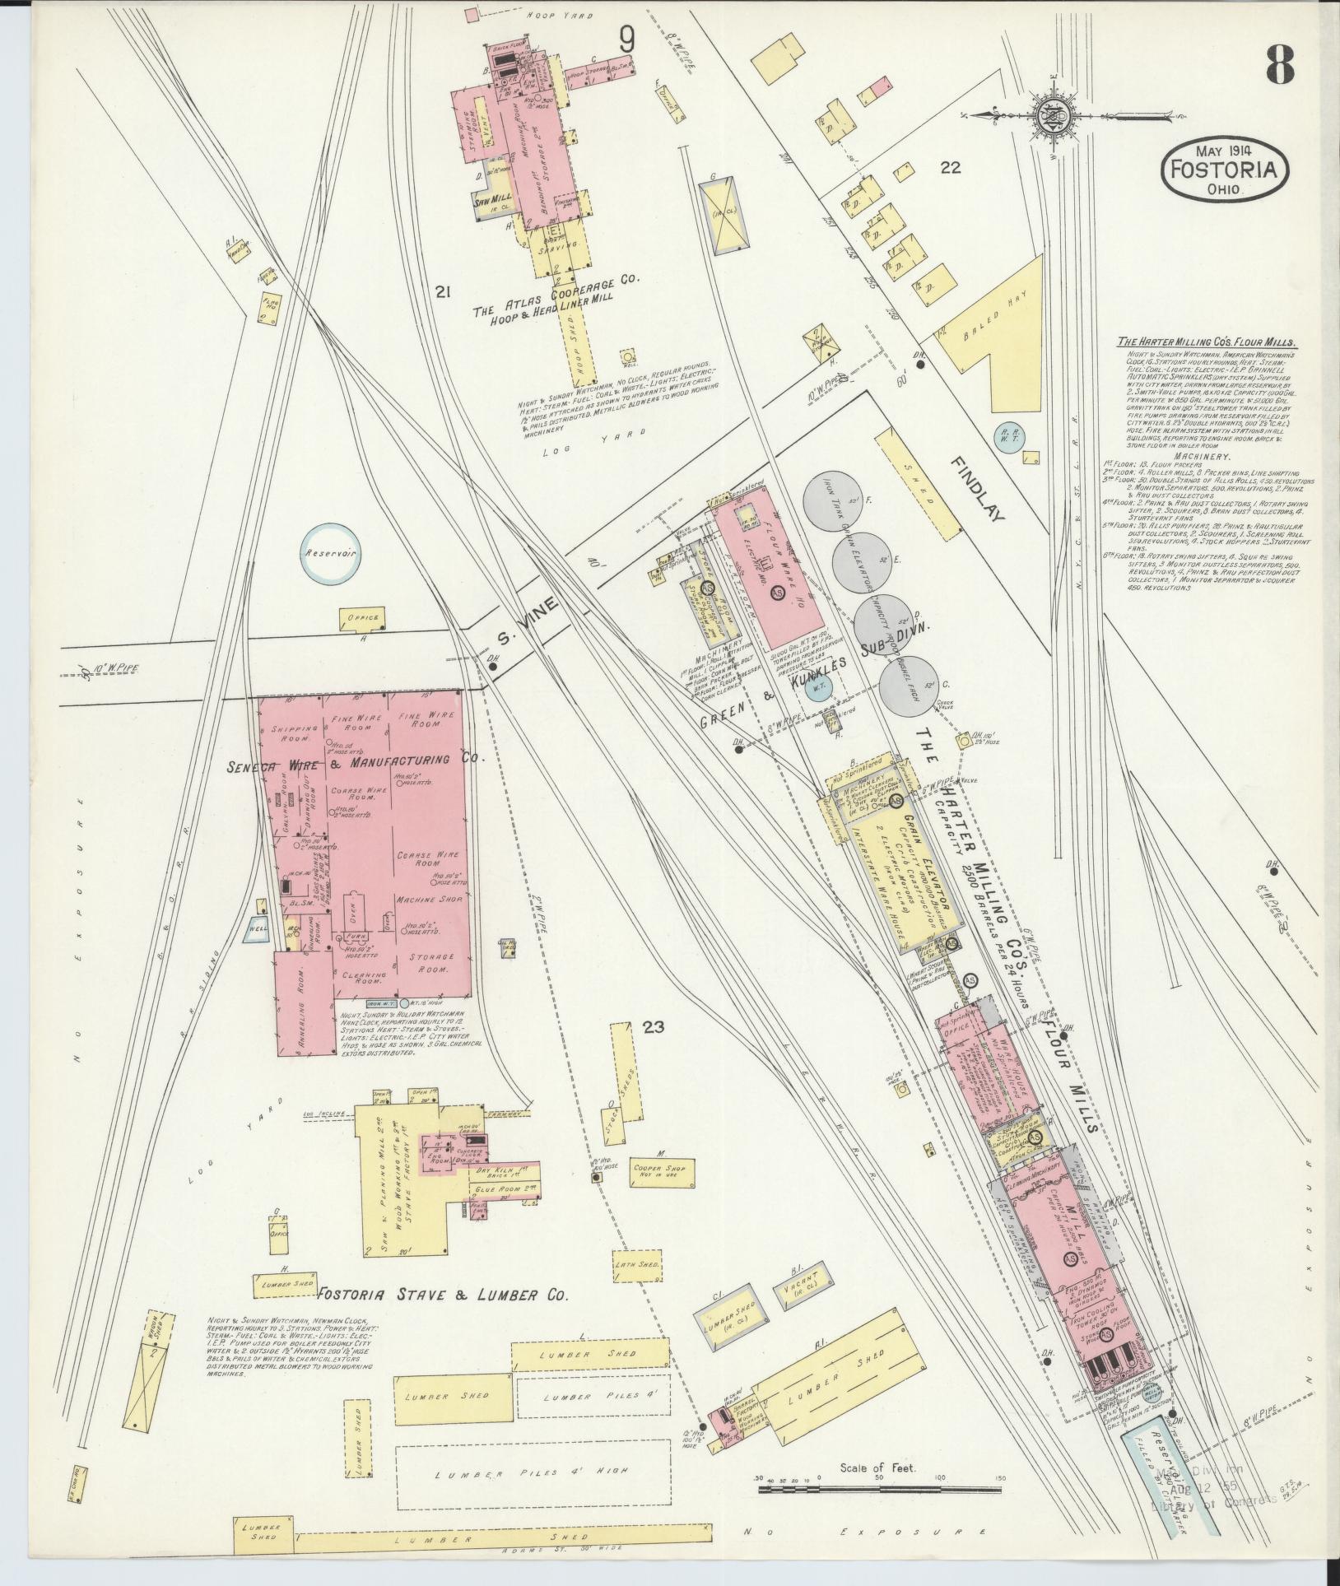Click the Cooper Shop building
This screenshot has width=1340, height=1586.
(x=660, y=1171)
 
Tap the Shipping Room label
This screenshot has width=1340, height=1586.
(x=291, y=735)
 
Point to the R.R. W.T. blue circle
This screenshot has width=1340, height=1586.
(x=1008, y=433)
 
